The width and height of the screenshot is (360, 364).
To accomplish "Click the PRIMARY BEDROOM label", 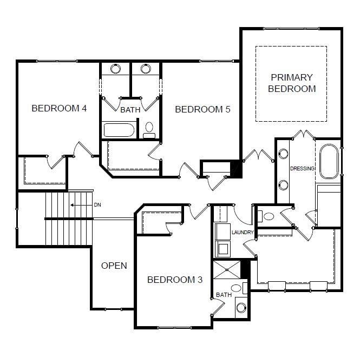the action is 292,83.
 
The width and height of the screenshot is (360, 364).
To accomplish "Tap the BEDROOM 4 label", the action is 59,108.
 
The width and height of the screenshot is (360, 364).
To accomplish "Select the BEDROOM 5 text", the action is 202,109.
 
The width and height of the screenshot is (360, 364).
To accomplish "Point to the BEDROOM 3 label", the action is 175,280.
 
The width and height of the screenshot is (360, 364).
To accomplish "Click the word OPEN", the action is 114,266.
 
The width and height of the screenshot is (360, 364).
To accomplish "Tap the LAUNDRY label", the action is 243,233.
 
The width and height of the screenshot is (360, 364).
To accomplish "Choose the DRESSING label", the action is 303,169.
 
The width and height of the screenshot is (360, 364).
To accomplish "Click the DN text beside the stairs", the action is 97,205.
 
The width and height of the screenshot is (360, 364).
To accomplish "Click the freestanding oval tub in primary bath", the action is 329,161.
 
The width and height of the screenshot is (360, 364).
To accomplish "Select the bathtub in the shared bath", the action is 119,130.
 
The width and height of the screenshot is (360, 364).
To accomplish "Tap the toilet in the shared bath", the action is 149,130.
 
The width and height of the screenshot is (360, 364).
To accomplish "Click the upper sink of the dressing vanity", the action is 283,154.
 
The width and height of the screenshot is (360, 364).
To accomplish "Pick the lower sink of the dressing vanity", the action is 283,185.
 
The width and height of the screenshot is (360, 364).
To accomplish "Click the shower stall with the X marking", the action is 227,270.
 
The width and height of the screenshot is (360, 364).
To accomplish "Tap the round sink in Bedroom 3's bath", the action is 241,308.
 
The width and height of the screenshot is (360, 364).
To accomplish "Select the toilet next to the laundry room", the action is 266,216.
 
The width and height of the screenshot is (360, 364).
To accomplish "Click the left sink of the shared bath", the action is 115,69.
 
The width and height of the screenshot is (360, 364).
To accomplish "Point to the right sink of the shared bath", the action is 146,69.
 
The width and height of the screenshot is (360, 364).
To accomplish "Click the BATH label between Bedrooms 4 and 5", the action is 130,110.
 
